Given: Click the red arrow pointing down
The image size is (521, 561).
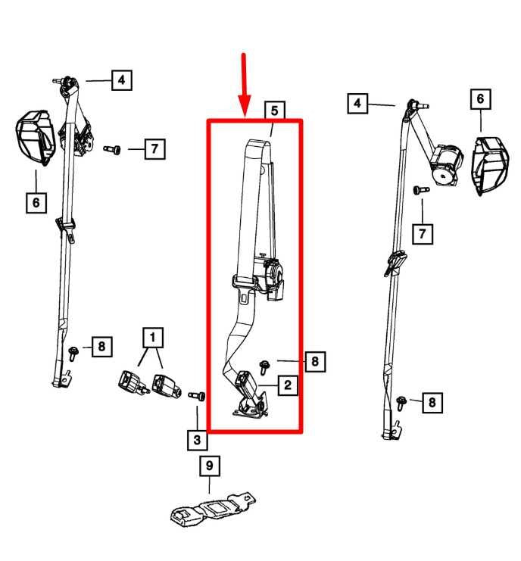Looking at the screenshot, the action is (245, 85).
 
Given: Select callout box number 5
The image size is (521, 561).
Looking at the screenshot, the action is (274, 111).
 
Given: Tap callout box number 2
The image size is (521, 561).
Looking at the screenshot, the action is (288, 385).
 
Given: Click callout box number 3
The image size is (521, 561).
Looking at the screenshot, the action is (197, 440).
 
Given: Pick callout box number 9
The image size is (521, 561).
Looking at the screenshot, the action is (210, 466).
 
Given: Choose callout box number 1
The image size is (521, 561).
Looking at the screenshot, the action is (153, 338).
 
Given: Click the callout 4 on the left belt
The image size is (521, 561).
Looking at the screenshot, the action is (122, 79).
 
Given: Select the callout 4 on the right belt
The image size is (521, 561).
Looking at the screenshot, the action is (357, 104).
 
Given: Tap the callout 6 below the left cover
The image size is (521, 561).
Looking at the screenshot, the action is (36, 203).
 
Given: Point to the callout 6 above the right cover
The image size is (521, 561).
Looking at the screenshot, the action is (481, 98).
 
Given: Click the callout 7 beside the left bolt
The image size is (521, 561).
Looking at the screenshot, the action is (154, 149).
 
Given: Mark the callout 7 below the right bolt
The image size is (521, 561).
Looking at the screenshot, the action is (423, 235).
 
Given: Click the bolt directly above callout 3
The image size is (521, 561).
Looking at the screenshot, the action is (197, 396).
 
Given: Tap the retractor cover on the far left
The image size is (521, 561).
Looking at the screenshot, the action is (36, 138).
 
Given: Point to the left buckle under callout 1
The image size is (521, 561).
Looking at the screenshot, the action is (133, 385).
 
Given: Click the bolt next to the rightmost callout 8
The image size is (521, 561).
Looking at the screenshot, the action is (401, 403).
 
